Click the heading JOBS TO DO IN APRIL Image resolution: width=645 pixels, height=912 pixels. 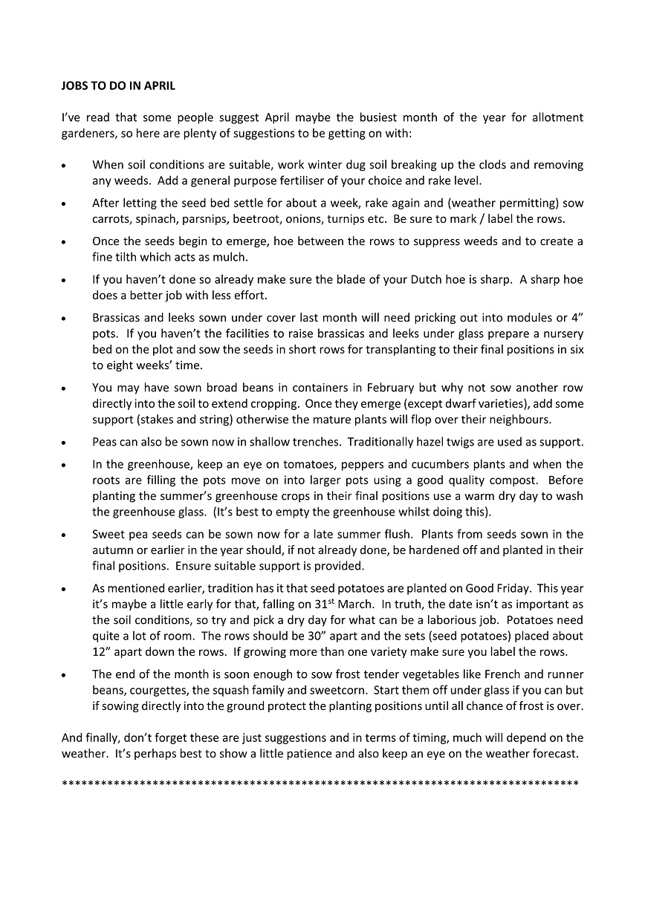click(x=118, y=86)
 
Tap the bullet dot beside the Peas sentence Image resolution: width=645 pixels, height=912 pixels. click(x=65, y=443)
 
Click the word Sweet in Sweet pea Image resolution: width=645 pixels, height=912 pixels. click(x=108, y=534)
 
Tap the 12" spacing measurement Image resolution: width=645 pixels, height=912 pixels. click(x=103, y=651)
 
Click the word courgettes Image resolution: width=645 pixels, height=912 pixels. click(x=155, y=690)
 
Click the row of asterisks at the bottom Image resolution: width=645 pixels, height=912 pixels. click(x=320, y=783)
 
